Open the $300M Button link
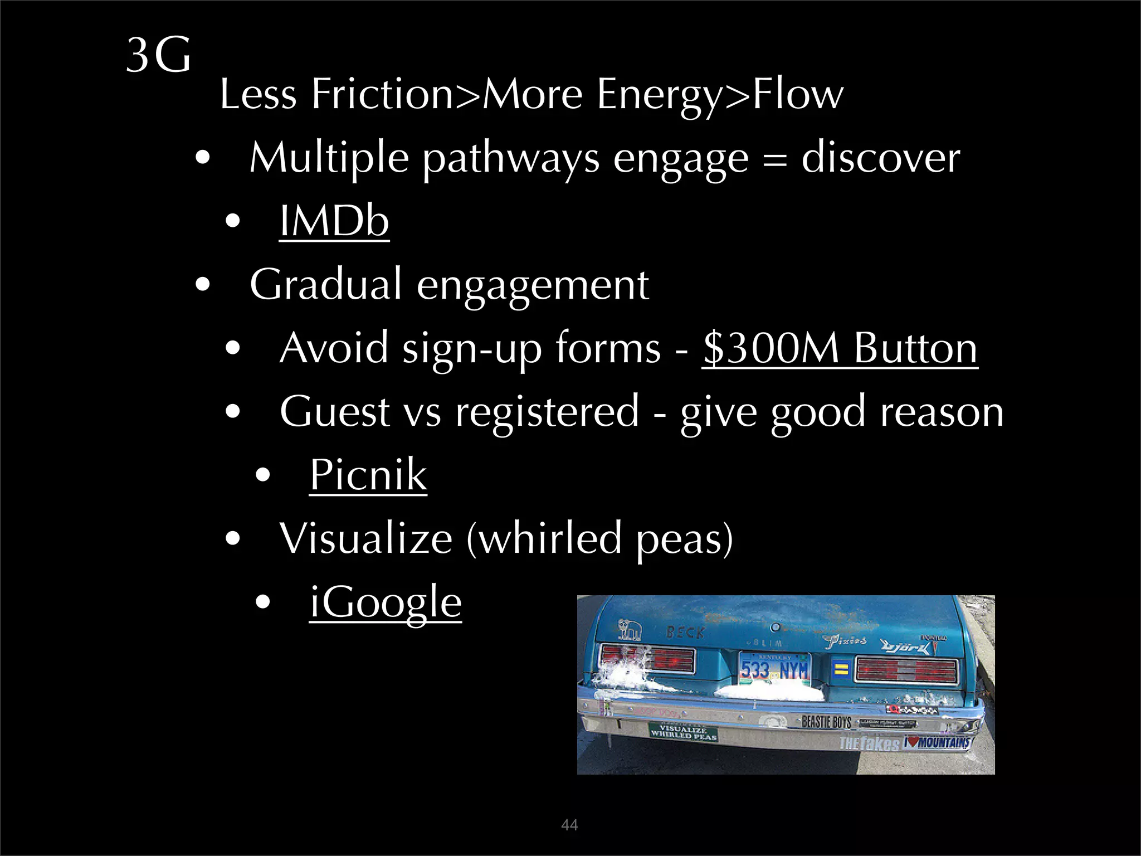coord(840,348)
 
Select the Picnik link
coord(368,474)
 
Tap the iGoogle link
coord(386,602)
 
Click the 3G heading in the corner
coord(158,55)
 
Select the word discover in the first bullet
coord(881,157)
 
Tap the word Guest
coord(334,411)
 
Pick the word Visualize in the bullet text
coord(365,538)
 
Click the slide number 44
coord(569,825)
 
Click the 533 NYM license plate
coord(774,669)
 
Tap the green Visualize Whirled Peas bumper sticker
coord(683,732)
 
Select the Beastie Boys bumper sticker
coord(826,722)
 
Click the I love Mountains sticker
coord(937,742)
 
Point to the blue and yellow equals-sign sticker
coord(841,669)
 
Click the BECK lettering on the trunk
coord(686,633)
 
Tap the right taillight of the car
coord(906,668)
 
